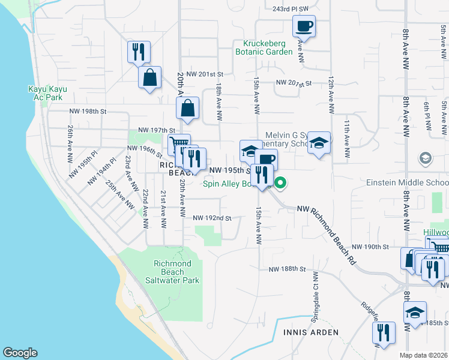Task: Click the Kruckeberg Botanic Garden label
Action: click(268, 47)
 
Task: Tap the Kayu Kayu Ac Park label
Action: click(47, 93)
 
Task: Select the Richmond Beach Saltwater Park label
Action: click(172, 272)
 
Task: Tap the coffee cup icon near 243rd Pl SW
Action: click(304, 26)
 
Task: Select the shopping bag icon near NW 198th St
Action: click(187, 109)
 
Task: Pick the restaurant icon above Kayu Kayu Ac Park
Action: click(139, 52)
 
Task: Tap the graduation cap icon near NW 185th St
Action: click(415, 313)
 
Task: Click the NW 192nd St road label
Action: click(212, 218)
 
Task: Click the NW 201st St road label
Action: click(205, 74)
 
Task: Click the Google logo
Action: click(20, 353)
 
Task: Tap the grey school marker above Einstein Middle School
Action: click(426, 158)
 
